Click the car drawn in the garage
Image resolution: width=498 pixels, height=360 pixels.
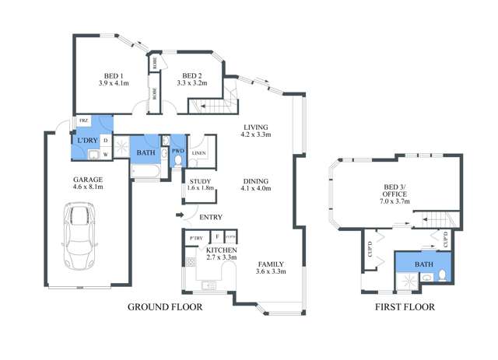[78, 233]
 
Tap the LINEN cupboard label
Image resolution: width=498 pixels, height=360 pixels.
[198, 153]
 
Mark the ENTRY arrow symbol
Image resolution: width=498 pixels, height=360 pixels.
[180, 215]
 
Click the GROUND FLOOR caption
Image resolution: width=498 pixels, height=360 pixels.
[165, 308]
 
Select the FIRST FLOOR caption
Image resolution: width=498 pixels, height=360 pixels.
[404, 308]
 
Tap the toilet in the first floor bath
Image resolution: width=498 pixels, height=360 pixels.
[441, 274]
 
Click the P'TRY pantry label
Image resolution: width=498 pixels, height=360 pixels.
[194, 236]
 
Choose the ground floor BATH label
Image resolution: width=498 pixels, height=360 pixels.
[146, 153]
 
